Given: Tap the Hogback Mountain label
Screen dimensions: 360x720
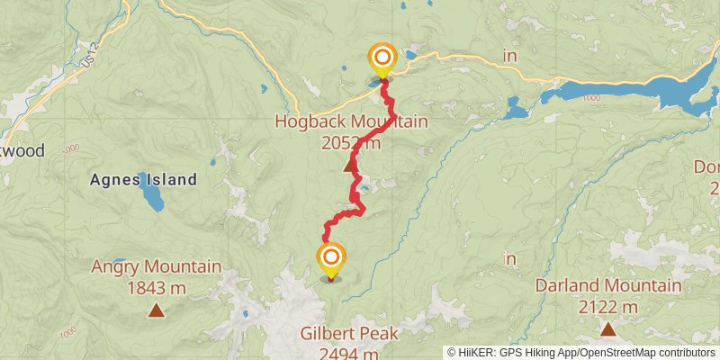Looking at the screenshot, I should click(351, 121).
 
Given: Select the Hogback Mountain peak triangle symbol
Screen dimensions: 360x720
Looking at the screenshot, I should click(350, 166).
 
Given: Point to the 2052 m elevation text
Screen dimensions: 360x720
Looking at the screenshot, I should click(350, 142).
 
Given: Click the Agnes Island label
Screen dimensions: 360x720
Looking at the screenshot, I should click(143, 180).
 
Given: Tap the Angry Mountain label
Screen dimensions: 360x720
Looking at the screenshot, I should click(157, 267).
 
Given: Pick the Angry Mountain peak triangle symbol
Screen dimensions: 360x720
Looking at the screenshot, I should click(157, 311).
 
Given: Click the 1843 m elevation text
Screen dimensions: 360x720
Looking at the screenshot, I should click(157, 288).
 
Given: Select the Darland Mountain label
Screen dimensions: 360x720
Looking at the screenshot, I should click(608, 286).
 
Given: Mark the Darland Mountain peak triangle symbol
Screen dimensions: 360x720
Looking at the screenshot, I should click(608, 329).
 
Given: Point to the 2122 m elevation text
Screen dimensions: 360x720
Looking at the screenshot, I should click(608, 307).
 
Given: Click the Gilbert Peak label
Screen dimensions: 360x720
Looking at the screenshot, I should click(349, 334).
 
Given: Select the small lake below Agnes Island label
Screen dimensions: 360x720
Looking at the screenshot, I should click(151, 199).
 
